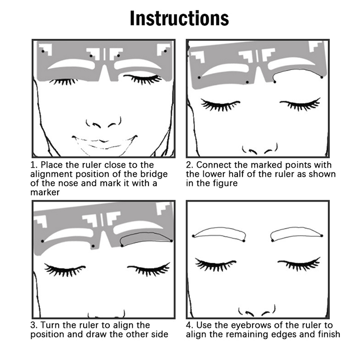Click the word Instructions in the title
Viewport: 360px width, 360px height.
click(x=179, y=18)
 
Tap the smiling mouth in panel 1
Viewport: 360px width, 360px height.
click(x=104, y=142)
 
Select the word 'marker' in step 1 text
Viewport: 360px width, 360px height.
click(x=45, y=193)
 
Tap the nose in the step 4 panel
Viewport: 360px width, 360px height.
click(x=256, y=310)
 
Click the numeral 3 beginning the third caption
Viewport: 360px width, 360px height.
click(x=33, y=325)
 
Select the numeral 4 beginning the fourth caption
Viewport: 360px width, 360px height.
click(x=189, y=325)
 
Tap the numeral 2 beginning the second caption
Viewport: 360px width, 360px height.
click(x=189, y=165)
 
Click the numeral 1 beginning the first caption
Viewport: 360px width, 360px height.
click(x=33, y=165)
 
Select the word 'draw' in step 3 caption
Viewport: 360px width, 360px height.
click(x=97, y=334)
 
